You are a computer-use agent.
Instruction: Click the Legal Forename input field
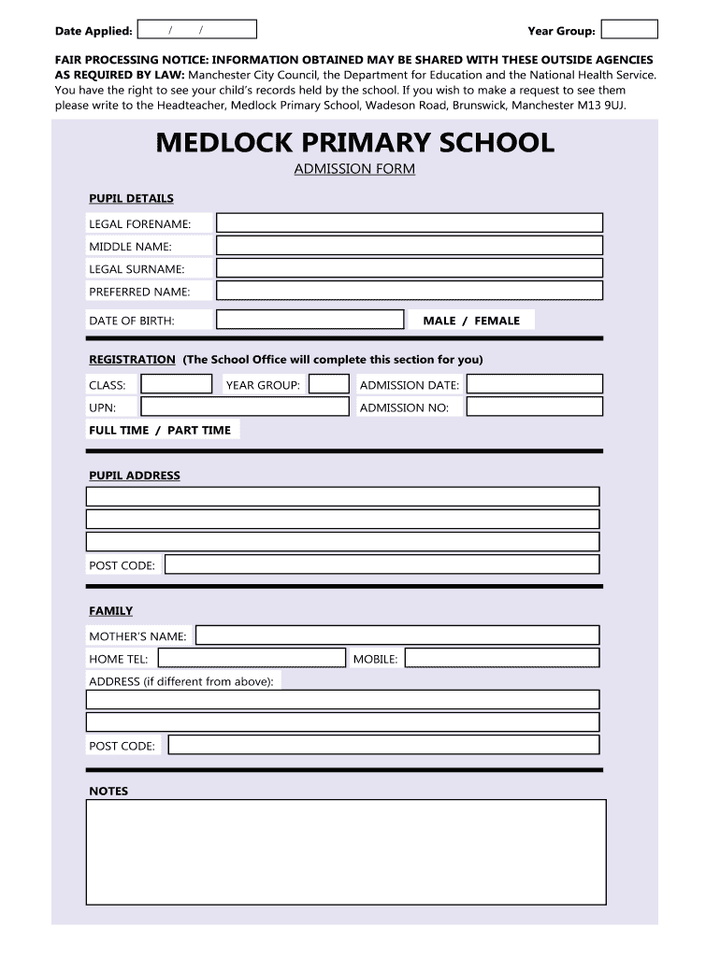pos(409,222)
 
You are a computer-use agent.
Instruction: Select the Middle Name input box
pos(409,246)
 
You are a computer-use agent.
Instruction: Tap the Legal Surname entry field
pos(409,268)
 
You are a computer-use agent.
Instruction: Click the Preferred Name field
pos(409,291)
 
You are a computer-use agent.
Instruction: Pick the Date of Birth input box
pos(310,320)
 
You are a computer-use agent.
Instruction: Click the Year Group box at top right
pos(629,30)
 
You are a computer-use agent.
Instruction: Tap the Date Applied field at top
pos(196,30)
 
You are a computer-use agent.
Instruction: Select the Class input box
pos(177,384)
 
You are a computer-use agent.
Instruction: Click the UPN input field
pos(244,407)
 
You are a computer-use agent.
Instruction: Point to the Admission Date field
pos(534,384)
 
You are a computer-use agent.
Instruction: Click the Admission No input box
pos(534,407)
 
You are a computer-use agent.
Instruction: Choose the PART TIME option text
pos(198,430)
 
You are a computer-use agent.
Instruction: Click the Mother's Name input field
pos(396,636)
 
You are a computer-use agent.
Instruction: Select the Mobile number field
pos(501,658)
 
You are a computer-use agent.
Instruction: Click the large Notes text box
pos(346,851)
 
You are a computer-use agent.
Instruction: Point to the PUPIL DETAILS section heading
pos(131,198)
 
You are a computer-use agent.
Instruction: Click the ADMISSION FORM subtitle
pos(354,169)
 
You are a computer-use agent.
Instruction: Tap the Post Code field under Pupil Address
pos(382,564)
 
